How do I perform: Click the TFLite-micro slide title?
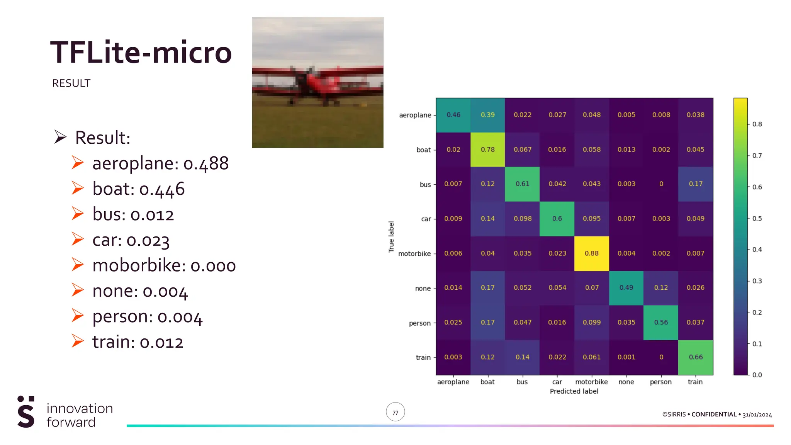[x=141, y=53]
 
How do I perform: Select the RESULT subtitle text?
[x=71, y=83]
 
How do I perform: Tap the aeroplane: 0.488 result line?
[x=160, y=163]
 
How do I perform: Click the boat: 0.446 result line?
[x=138, y=189]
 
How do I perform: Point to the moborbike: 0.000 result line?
[x=164, y=266]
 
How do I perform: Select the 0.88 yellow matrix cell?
[x=591, y=253]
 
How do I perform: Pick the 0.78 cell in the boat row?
[x=487, y=149]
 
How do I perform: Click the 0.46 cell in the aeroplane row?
[x=453, y=115]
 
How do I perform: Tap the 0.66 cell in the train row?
[x=695, y=357]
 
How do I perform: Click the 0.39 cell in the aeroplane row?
[x=487, y=115]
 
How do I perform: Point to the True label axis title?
[x=391, y=237]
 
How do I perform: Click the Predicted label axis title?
[x=574, y=391]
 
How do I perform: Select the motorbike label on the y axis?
[x=414, y=254]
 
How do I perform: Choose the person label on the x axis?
[x=660, y=382]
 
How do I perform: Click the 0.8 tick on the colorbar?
[x=757, y=124]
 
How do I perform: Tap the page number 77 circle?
[x=395, y=413]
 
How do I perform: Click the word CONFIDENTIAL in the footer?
[x=714, y=414]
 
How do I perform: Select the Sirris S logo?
[x=26, y=412]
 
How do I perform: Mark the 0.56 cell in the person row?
[x=660, y=323]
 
